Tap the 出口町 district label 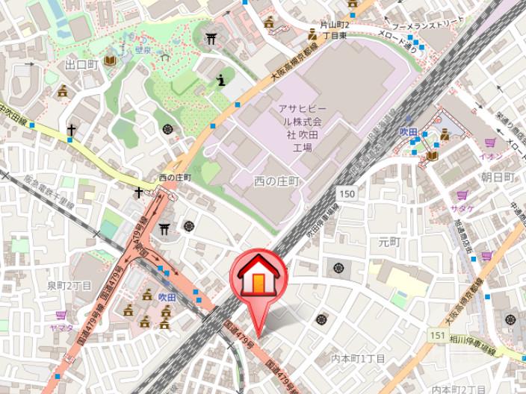point(81,65)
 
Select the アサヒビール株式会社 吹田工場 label point(302,128)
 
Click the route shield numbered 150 point(346,193)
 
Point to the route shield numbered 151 point(438,336)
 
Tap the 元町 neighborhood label point(389,241)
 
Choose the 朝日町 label point(498,177)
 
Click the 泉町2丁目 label point(69,286)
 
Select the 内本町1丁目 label point(358,359)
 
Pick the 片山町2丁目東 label point(335,30)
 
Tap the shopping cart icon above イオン point(490,143)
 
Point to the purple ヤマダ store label point(61,327)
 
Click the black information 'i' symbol point(220,80)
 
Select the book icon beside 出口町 point(111,60)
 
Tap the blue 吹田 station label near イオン point(408,131)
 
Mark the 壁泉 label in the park point(144,50)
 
